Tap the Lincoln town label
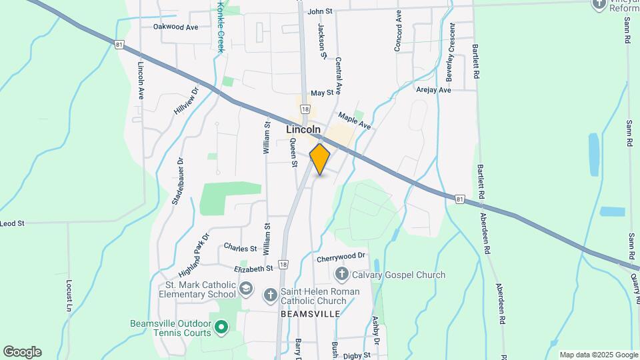[x=303, y=129]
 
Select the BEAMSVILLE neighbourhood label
[x=310, y=313]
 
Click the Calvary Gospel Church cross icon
[x=341, y=273]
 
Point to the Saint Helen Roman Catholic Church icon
[x=270, y=294]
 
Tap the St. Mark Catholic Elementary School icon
[x=246, y=289]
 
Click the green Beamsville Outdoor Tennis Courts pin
[x=221, y=327]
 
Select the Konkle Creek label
[x=221, y=27]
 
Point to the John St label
[x=320, y=11]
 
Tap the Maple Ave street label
[x=354, y=120]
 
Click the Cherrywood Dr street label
[x=342, y=256]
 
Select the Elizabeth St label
[x=254, y=268]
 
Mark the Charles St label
[x=240, y=248]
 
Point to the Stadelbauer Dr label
[x=177, y=181]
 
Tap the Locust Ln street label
[x=69, y=296]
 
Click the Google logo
[x=22, y=352]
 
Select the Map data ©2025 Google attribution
[x=597, y=355]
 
